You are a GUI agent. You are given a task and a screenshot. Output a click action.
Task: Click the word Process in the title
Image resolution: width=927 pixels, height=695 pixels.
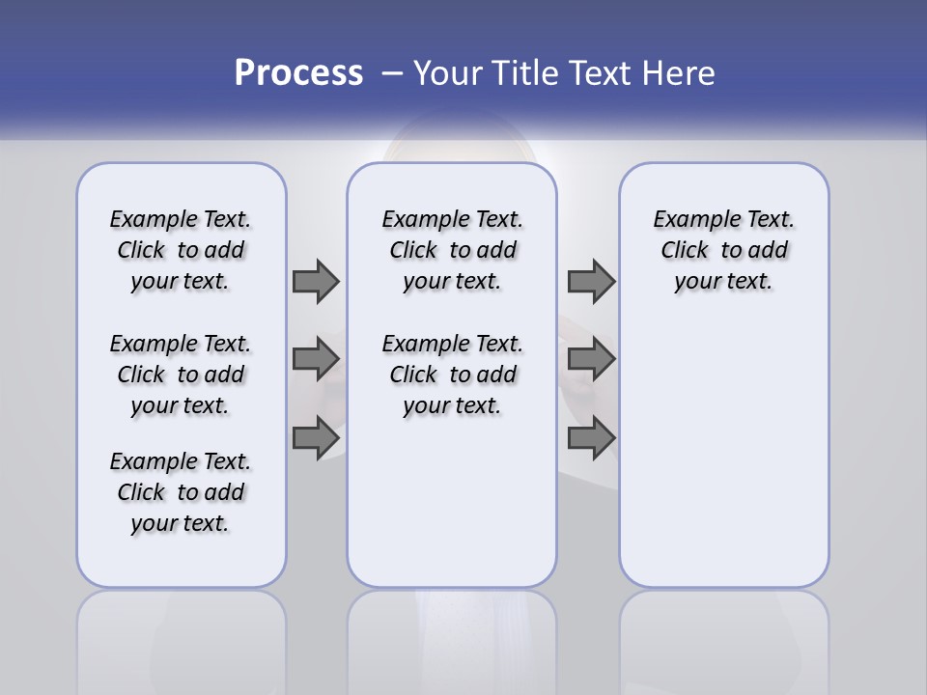coord(298,72)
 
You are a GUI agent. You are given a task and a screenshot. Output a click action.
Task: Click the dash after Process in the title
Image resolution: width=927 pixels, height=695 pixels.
coord(391,73)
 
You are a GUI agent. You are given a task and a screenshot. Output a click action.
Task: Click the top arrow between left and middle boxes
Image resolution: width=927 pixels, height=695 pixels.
coord(316,282)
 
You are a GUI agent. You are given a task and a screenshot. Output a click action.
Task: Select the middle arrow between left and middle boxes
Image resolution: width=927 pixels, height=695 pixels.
coord(316,359)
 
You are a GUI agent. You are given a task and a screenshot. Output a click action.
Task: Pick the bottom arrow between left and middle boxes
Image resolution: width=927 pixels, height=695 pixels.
coord(316,438)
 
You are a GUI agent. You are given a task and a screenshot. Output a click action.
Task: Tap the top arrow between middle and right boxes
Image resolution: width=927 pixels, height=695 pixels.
coord(591,282)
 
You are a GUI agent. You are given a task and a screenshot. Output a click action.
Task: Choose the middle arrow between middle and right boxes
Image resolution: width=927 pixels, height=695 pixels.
coord(591,359)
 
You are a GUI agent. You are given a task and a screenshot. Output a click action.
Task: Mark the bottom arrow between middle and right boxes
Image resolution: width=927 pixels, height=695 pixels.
coord(591,438)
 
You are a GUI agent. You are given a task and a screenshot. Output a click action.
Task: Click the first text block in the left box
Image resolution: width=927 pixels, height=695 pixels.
coord(181,250)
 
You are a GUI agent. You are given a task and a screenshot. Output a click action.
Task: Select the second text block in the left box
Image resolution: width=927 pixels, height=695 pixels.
coord(181,375)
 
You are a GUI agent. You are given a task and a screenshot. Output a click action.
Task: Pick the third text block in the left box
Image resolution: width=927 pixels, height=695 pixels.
coord(181,492)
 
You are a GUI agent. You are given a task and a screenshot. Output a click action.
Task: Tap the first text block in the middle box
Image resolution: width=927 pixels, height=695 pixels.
coord(452,250)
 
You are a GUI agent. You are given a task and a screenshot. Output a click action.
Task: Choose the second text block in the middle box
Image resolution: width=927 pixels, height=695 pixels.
coord(452,375)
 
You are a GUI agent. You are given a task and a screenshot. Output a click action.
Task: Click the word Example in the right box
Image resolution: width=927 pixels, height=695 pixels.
coord(692,220)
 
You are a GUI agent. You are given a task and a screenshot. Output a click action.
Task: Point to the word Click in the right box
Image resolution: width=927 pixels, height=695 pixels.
coord(685,251)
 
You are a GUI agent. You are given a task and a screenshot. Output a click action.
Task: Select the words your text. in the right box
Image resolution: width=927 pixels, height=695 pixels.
coord(723,282)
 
